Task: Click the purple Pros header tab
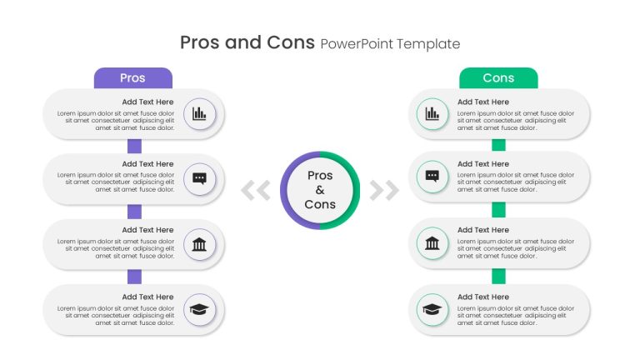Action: pos(133,78)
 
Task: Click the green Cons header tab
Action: pos(498,78)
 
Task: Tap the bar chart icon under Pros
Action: pos(199,113)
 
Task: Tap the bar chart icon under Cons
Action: pos(432,113)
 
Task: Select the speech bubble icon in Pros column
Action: pos(199,179)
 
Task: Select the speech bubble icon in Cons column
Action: pos(432,177)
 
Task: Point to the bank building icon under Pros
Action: pos(199,244)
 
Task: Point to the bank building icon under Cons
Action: pos(432,243)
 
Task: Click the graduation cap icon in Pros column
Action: pos(199,309)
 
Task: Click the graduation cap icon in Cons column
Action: pos(432,309)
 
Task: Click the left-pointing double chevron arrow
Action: pos(256,190)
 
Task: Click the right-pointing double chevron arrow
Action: pos(384,190)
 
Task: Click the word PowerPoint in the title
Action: pos(357,43)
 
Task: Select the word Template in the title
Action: pos(428,43)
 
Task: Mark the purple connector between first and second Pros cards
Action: pos(135,146)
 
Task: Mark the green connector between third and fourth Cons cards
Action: pos(499,277)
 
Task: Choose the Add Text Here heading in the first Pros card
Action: pos(147,102)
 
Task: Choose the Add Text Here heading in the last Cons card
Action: pos(483,297)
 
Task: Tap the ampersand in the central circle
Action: pos(320,190)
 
